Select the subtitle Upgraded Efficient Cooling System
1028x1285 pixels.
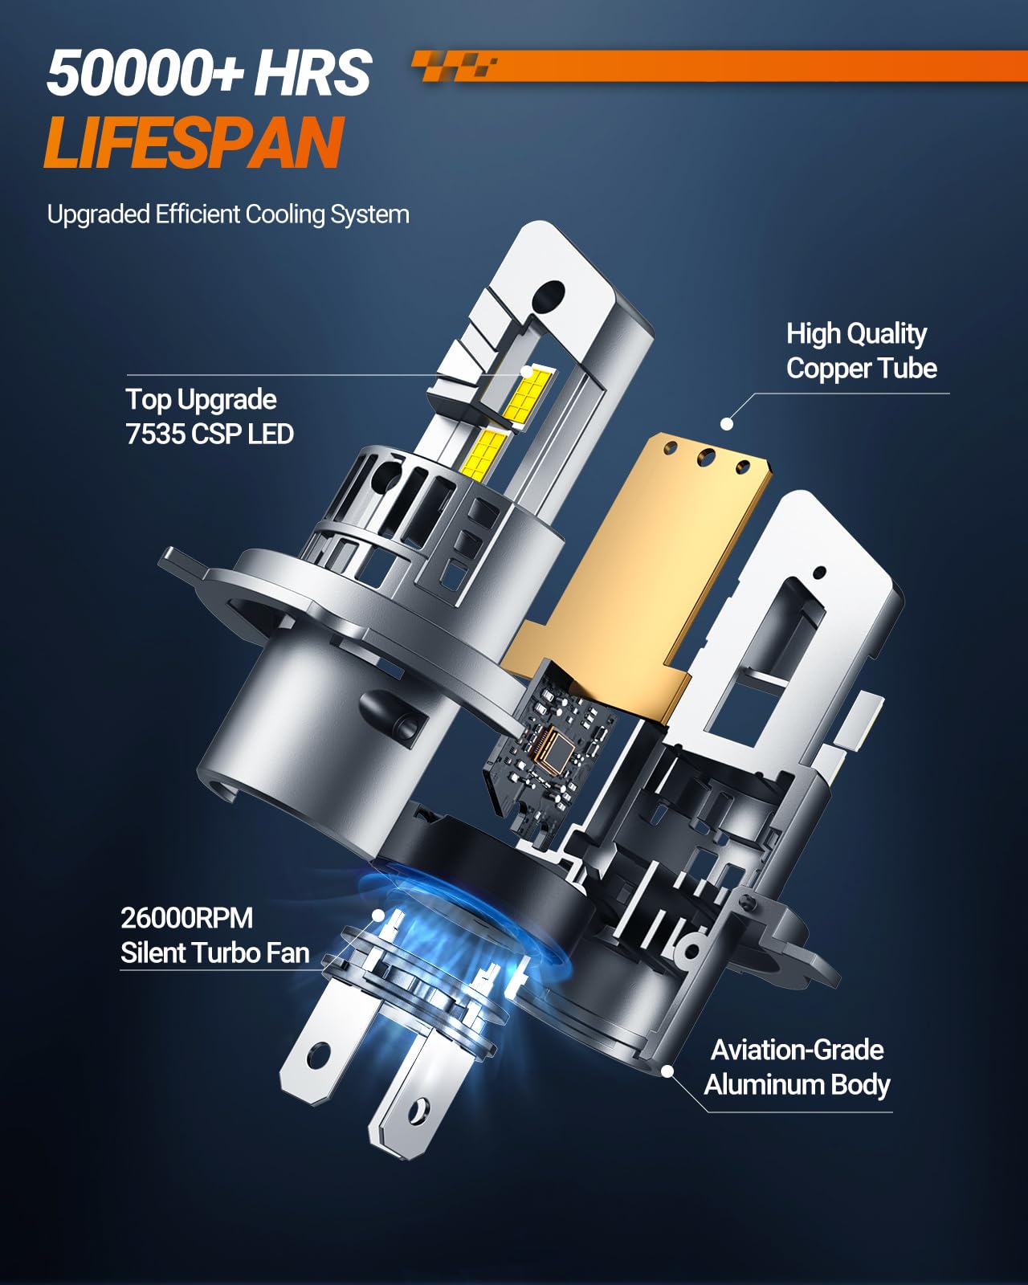tap(228, 214)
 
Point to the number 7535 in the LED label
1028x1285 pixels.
tap(155, 434)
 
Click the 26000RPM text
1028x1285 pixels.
tap(187, 918)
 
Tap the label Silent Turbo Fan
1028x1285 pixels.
tap(215, 953)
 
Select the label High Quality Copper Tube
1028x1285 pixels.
tap(861, 350)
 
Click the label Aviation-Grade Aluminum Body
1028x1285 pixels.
tap(797, 1067)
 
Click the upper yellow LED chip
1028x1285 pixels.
tap(528, 394)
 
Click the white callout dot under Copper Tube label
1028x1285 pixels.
tap(726, 424)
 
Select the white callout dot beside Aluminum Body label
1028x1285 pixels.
tap(668, 1071)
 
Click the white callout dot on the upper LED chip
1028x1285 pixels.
tap(526, 372)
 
